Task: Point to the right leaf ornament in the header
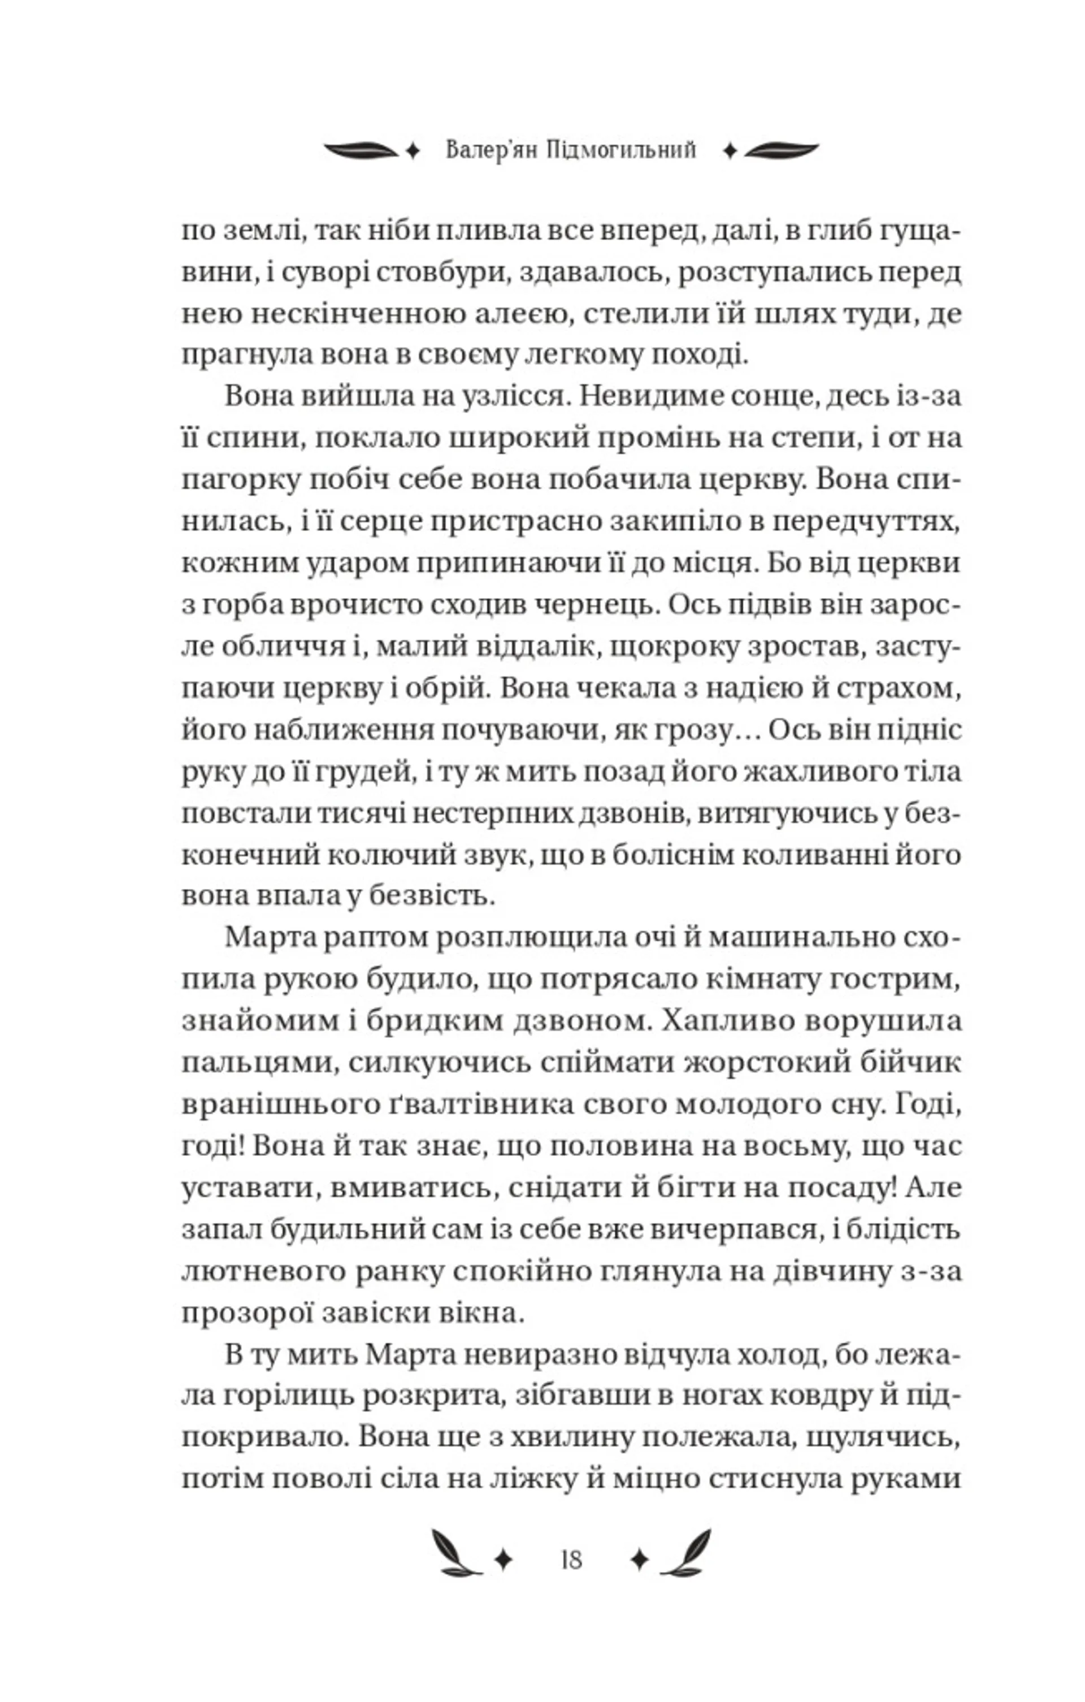pos(781,150)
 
